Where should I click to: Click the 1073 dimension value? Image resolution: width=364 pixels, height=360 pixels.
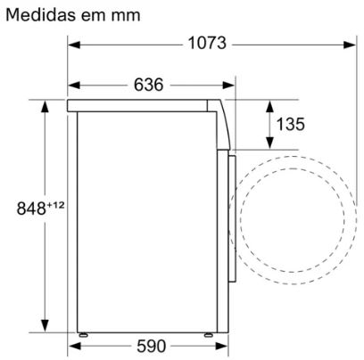pyautogui.click(x=207, y=44)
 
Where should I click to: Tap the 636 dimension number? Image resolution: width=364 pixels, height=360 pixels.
pyautogui.click(x=148, y=85)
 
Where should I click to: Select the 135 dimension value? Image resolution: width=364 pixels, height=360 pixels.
pyautogui.click(x=291, y=124)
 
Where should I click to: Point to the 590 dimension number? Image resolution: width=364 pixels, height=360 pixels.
pyautogui.click(x=152, y=346)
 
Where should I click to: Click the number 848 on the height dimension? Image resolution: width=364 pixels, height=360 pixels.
pyautogui.click(x=31, y=209)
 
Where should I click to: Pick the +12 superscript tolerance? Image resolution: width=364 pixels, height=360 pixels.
pyautogui.click(x=55, y=205)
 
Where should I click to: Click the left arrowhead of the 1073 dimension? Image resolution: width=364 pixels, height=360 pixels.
pyautogui.click(x=74, y=45)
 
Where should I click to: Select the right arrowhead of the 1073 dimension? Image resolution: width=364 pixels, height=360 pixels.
pyautogui.click(x=350, y=45)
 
